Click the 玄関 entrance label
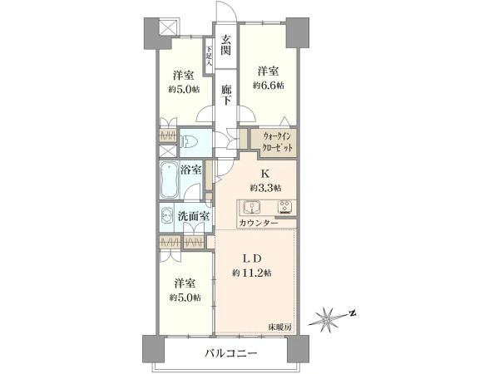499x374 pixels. pos(226,45)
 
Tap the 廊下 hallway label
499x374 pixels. pos(226,96)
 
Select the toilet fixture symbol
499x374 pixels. pos(189,142)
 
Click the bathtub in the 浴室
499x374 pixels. pos(169,180)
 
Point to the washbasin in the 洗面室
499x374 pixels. pos(167,217)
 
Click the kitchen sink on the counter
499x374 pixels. pos(252,208)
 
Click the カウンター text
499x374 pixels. pos(258,223)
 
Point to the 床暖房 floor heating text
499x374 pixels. pos(280,327)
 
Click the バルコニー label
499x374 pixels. pos(230,353)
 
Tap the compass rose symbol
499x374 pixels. pos(327,319)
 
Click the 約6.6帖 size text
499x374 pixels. pos(269,86)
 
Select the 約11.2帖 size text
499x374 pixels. pos(252,273)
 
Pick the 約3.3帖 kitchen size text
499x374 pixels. pos(265,188)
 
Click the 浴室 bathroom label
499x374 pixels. pos(190,170)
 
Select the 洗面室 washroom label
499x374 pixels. pos(193,217)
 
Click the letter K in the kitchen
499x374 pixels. pos(265,174)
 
